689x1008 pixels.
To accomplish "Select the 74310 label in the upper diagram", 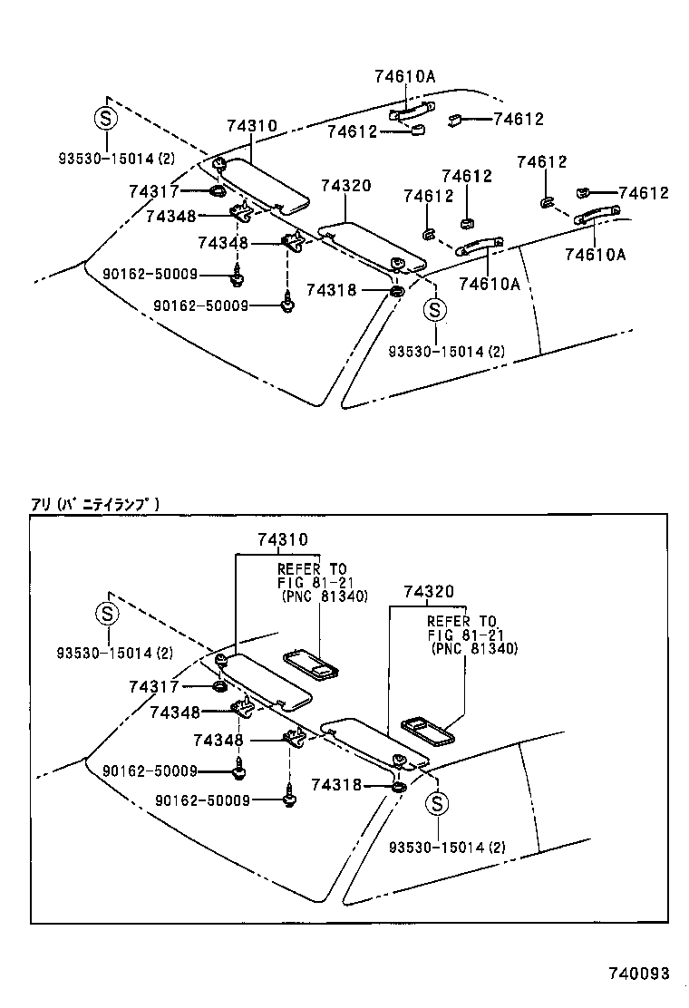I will tap(252, 126).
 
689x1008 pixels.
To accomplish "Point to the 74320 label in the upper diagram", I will tap(345, 185).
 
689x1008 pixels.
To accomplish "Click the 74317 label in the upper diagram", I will tap(154, 191).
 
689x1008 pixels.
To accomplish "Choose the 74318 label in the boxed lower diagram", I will tap(336, 785).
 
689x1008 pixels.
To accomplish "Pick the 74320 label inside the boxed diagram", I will tap(429, 592).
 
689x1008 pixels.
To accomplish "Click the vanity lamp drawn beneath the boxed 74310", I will tap(310, 664).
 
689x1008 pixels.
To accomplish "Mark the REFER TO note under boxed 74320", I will tap(461, 635).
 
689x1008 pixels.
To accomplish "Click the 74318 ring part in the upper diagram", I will tap(397, 291).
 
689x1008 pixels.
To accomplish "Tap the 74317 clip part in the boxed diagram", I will tap(219, 687).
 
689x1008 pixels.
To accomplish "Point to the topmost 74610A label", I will tap(404, 77).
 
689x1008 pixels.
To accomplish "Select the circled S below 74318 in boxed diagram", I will tap(436, 803).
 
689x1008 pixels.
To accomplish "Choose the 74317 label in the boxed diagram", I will tap(154, 687).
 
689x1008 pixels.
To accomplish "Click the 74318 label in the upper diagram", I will tap(332, 290).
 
